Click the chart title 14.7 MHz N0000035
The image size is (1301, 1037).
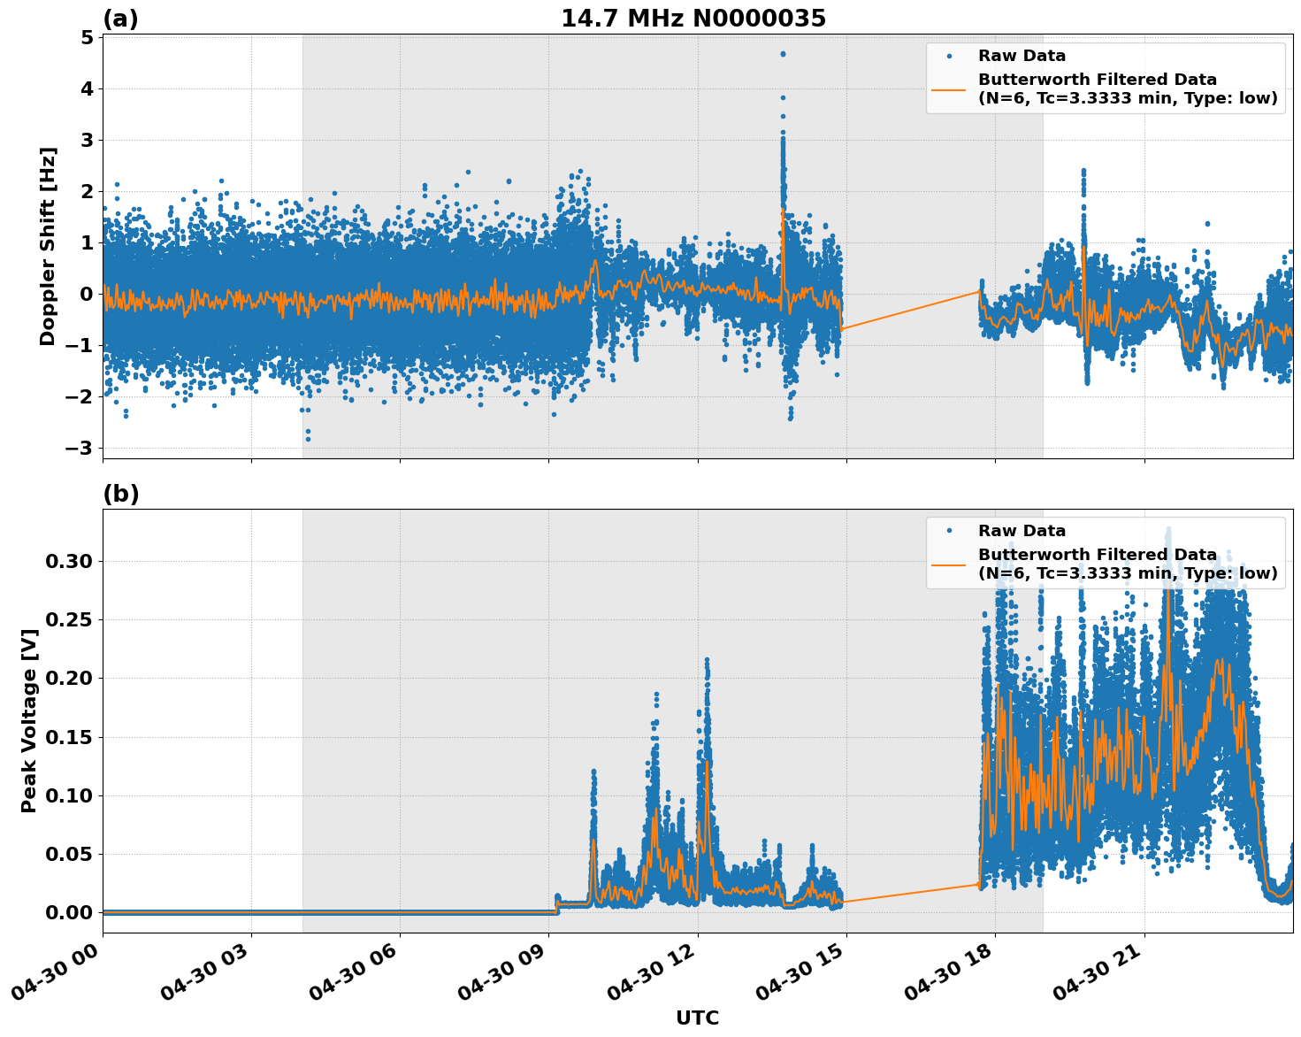pyautogui.click(x=693, y=19)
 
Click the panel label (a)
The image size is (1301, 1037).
pyautogui.click(x=120, y=19)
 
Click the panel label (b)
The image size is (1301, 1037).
pyautogui.click(x=120, y=494)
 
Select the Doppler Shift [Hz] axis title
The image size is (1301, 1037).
pyautogui.click(x=48, y=246)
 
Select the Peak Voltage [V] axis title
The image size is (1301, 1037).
pyautogui.click(x=28, y=720)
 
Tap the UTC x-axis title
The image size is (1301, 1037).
pyautogui.click(x=697, y=1018)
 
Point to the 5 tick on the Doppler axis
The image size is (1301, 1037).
pyautogui.click(x=87, y=38)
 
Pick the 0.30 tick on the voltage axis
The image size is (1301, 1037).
pyautogui.click(x=69, y=561)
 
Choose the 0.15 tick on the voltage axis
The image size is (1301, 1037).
pyautogui.click(x=69, y=737)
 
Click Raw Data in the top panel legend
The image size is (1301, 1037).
pyautogui.click(x=1022, y=57)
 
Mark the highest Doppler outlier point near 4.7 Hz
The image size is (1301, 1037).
pyautogui.click(x=783, y=54)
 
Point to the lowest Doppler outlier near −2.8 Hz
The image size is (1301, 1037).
pyautogui.click(x=308, y=439)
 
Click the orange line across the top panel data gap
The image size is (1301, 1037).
pyautogui.click(x=911, y=310)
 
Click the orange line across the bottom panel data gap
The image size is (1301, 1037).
pyautogui.click(x=911, y=893)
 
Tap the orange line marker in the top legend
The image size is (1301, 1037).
pyautogui.click(x=949, y=88)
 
